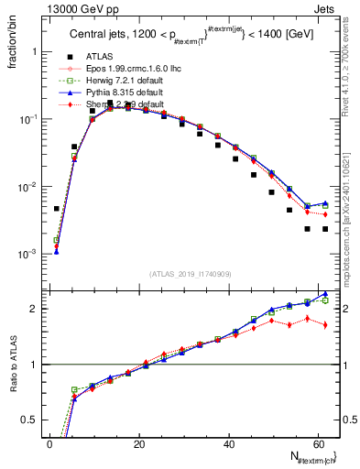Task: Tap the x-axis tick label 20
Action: [x=138, y=442]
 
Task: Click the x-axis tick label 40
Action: [x=228, y=442]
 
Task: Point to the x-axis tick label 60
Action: [x=317, y=442]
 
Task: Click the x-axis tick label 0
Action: [x=49, y=442]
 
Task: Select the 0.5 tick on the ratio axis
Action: [x=32, y=420]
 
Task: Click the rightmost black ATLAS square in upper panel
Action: [x=325, y=229]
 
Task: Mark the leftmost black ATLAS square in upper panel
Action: [x=56, y=209]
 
